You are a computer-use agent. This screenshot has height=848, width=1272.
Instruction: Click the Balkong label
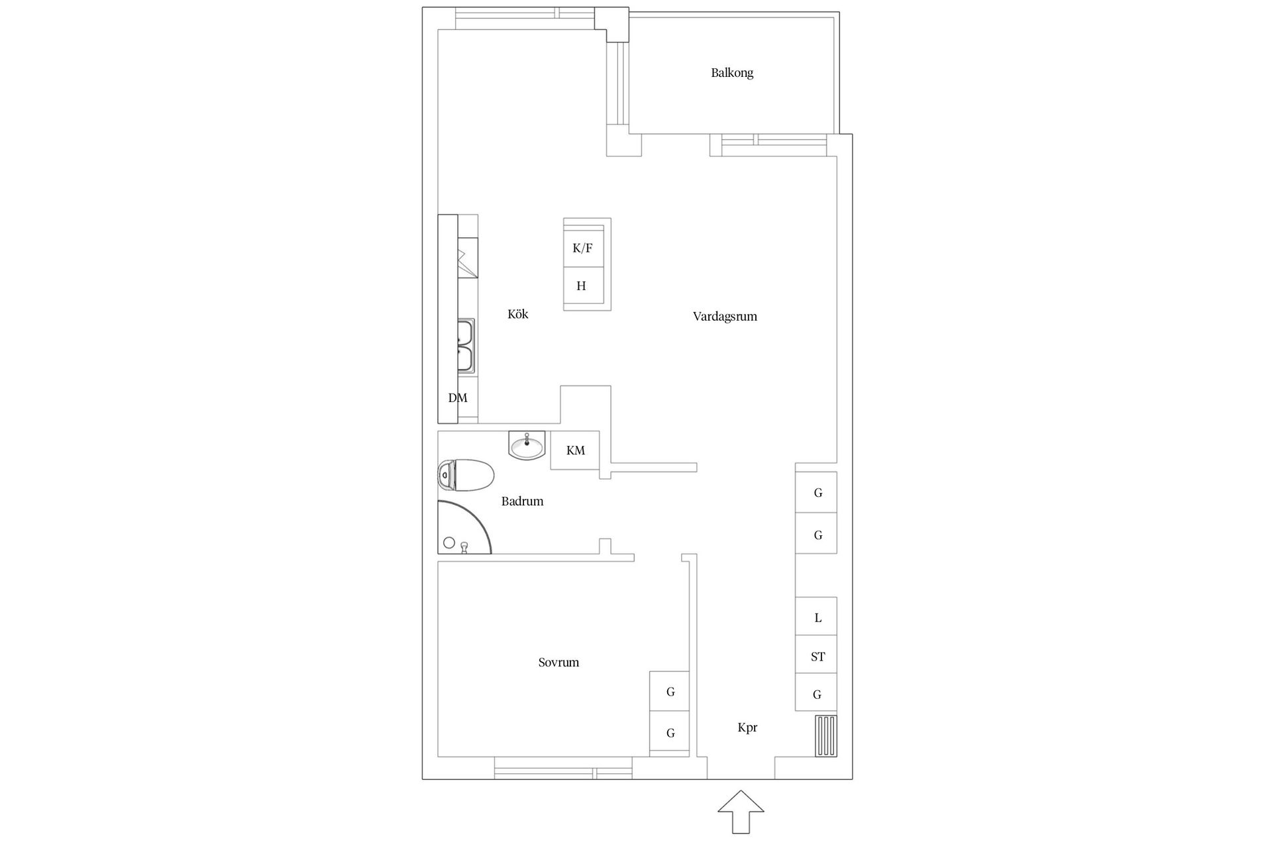731,73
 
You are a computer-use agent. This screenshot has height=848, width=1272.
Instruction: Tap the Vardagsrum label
725,317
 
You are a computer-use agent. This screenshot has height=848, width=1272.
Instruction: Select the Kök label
517,314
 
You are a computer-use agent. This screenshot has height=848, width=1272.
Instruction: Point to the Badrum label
522,502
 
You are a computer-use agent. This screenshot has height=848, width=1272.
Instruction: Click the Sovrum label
558,662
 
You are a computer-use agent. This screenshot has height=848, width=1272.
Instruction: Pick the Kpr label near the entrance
747,727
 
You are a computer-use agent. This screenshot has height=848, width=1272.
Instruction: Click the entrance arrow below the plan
741,811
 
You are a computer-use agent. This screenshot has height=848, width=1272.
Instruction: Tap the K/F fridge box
583,248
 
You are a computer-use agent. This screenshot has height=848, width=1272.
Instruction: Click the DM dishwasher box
458,397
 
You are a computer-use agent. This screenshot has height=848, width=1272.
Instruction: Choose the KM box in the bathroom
575,450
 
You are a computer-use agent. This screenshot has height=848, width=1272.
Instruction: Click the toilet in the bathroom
466,475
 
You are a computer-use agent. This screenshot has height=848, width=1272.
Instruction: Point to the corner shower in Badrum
460,530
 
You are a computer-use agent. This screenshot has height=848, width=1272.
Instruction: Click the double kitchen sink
466,346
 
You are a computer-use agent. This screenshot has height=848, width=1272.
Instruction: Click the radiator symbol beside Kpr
825,736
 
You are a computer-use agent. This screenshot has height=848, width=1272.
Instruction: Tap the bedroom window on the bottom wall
562,773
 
